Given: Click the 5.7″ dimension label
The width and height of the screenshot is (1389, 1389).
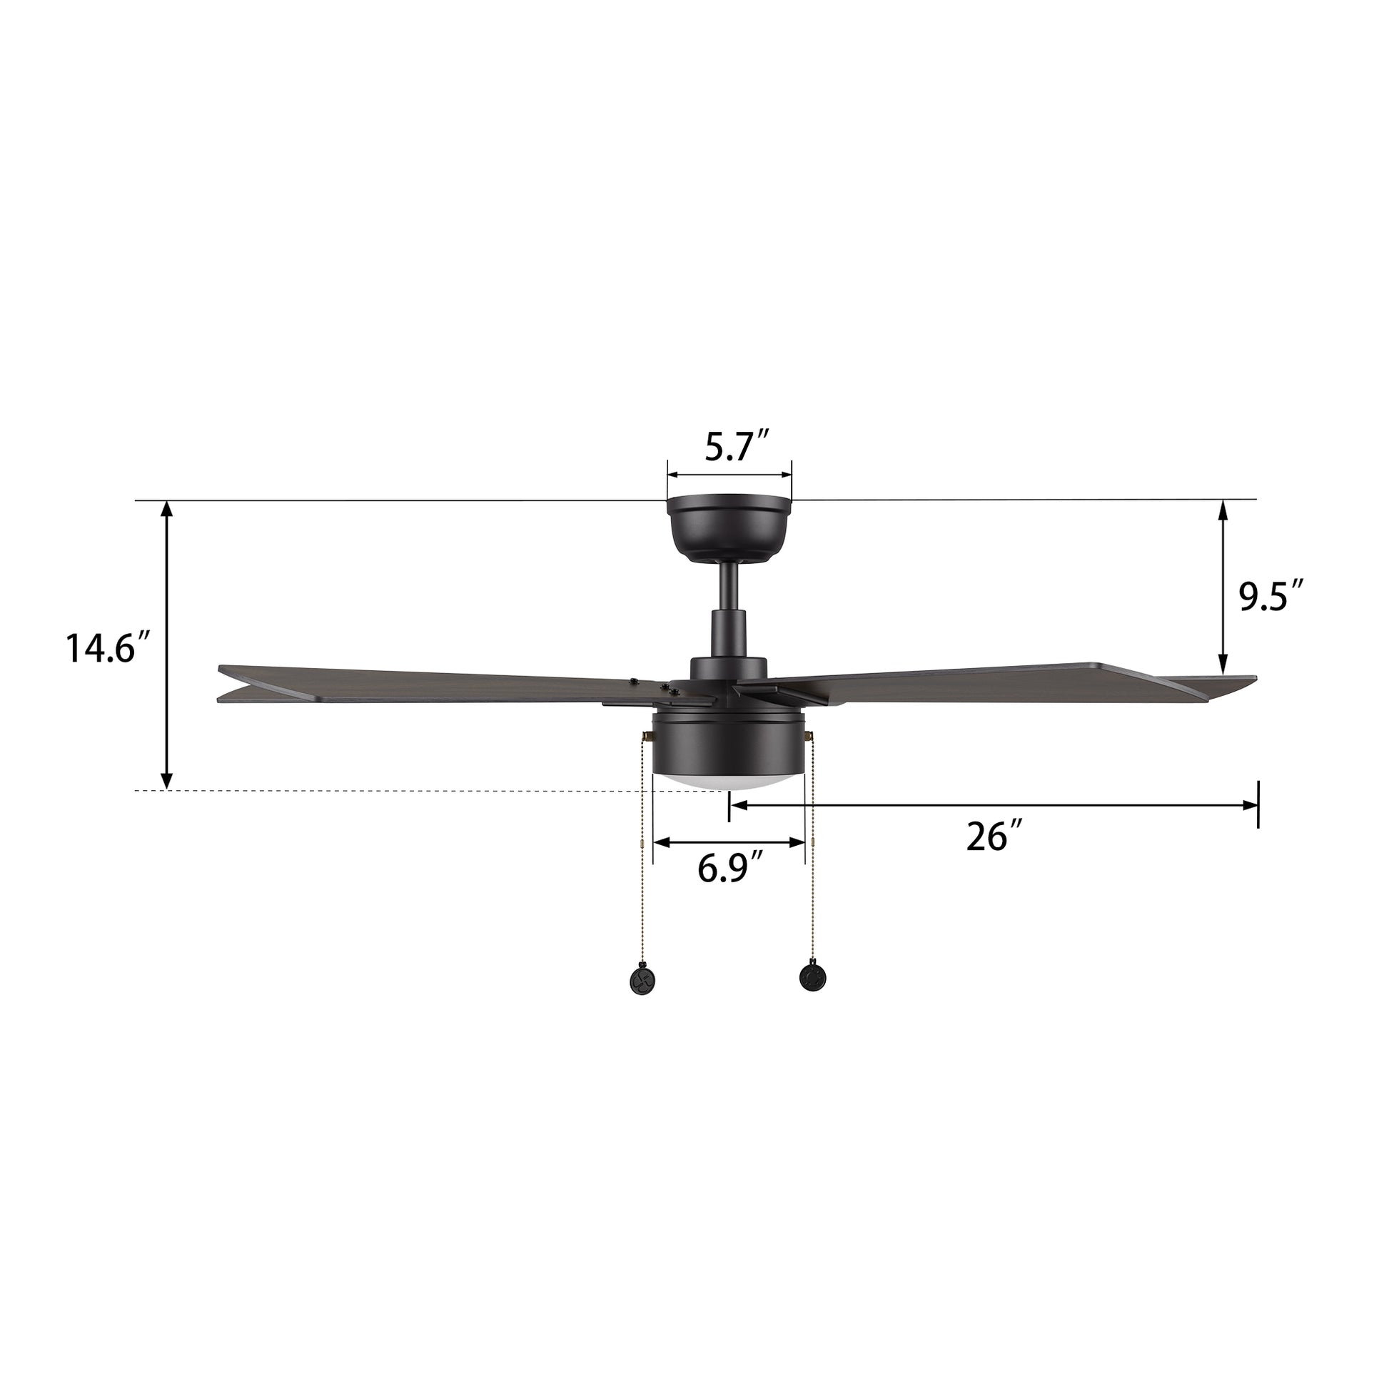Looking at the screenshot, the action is click(x=737, y=448).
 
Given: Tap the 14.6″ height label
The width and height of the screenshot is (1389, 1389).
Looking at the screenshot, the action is click(x=108, y=649).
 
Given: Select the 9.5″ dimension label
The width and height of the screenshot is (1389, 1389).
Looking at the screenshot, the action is click(x=1271, y=596).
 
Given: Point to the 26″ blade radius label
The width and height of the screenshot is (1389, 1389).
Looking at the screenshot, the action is click(x=994, y=836).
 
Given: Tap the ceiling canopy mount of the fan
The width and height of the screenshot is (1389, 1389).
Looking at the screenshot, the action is click(x=729, y=530).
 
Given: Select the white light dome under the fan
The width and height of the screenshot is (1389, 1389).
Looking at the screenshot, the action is click(x=727, y=782).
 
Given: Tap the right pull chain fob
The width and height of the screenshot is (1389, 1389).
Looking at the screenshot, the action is click(x=812, y=976).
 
